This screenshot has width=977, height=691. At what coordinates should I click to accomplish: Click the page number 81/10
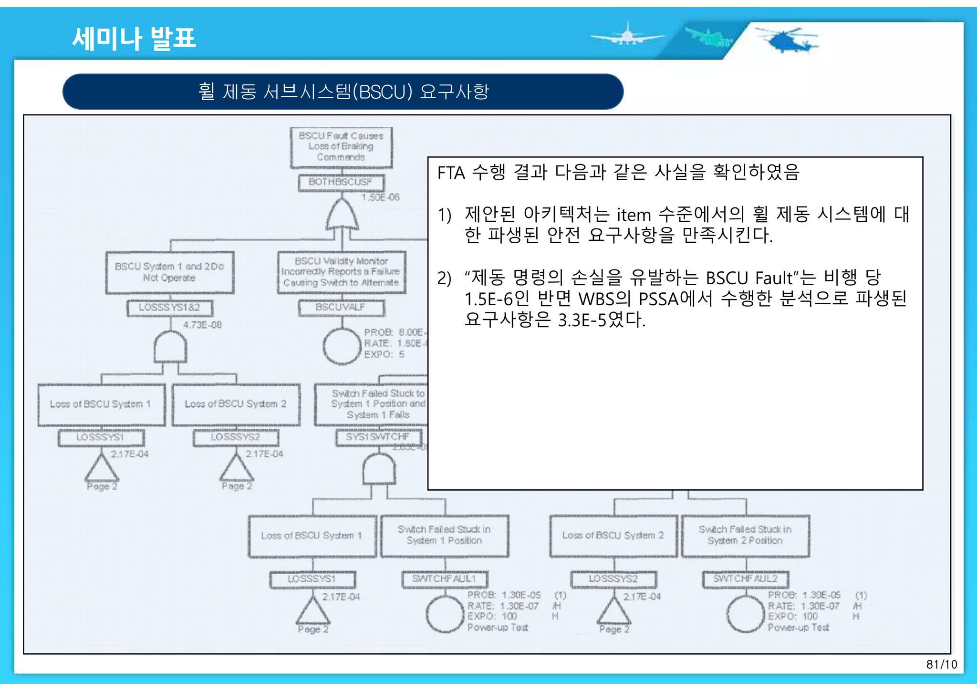click(x=941, y=664)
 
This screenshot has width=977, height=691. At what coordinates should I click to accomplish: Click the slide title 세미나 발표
click(x=134, y=38)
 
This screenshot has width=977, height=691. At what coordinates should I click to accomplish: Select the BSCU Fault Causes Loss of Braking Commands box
click(x=341, y=147)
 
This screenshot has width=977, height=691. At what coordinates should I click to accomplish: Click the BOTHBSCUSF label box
click(x=341, y=182)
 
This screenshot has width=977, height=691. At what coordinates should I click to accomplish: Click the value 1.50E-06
click(x=380, y=197)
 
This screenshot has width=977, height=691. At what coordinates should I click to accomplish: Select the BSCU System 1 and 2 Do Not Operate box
click(x=169, y=272)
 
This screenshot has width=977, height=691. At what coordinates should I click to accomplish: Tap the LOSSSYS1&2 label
click(x=169, y=308)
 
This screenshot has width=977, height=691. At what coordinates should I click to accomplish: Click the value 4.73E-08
click(x=202, y=325)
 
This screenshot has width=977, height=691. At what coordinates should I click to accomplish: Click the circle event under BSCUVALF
click(x=342, y=347)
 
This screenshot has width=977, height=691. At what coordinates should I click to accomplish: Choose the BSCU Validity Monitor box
click(x=341, y=272)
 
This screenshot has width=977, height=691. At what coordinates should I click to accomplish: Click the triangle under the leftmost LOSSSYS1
click(x=102, y=469)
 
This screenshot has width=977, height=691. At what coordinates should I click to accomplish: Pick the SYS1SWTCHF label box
click(x=378, y=437)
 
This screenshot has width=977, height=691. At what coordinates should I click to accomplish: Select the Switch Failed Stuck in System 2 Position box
click(x=745, y=535)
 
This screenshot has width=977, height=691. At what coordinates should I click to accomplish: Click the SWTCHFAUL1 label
click(x=444, y=579)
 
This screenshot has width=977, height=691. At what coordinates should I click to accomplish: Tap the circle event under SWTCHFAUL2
click(x=745, y=614)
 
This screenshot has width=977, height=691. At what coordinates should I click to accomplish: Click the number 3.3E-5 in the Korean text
click(x=582, y=320)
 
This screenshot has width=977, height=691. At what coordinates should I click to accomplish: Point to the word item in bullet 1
click(x=634, y=215)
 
